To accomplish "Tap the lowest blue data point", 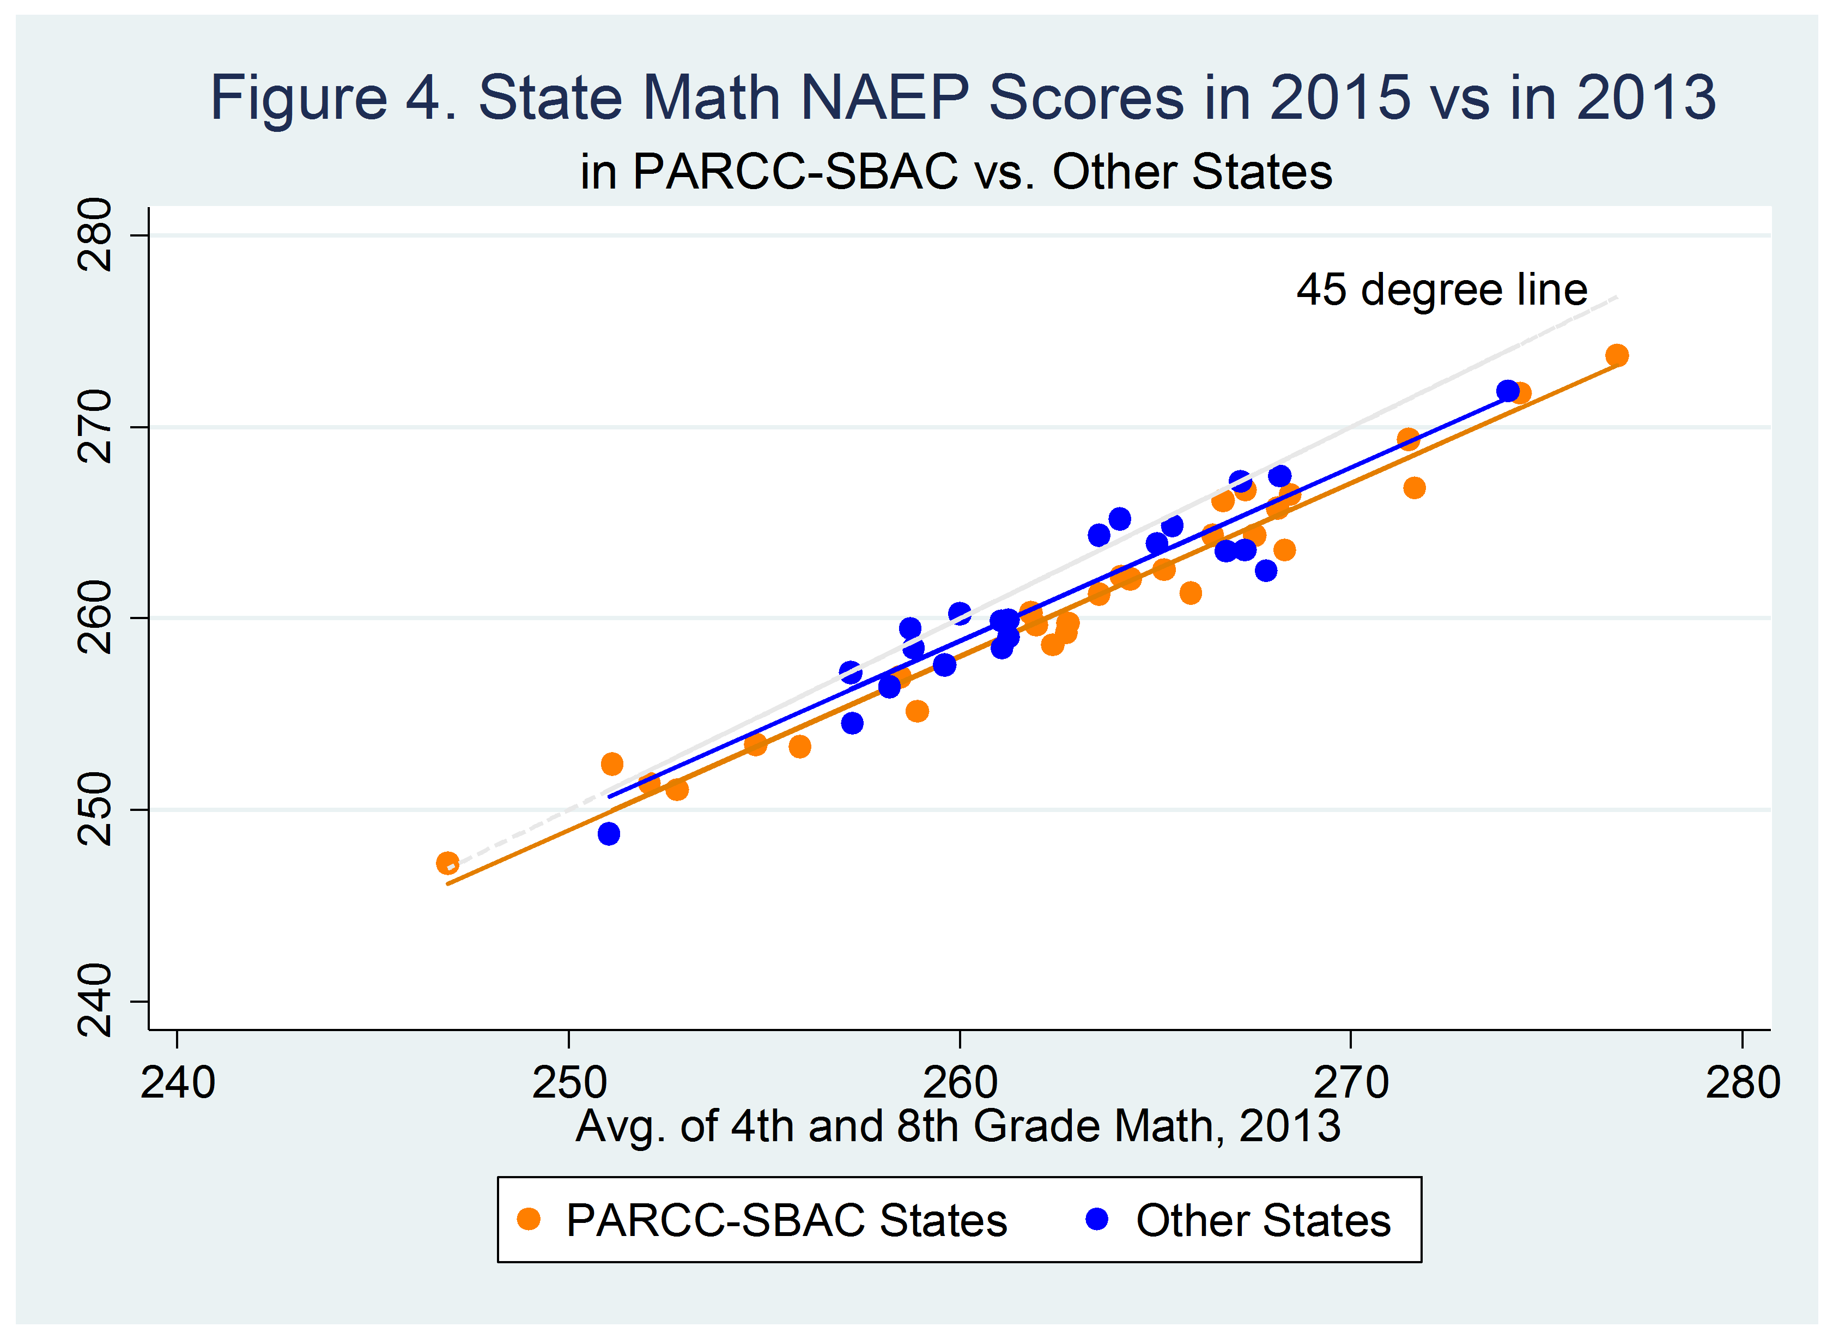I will pos(609,833).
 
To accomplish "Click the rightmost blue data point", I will pos(1507,391).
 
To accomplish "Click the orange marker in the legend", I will pos(529,1219).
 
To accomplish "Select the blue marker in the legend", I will pos(1096,1219).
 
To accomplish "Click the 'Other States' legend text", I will pos(1263,1221).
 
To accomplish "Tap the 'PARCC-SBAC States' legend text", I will pos(786,1221).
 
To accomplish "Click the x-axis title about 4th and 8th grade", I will pos(958,1126).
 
